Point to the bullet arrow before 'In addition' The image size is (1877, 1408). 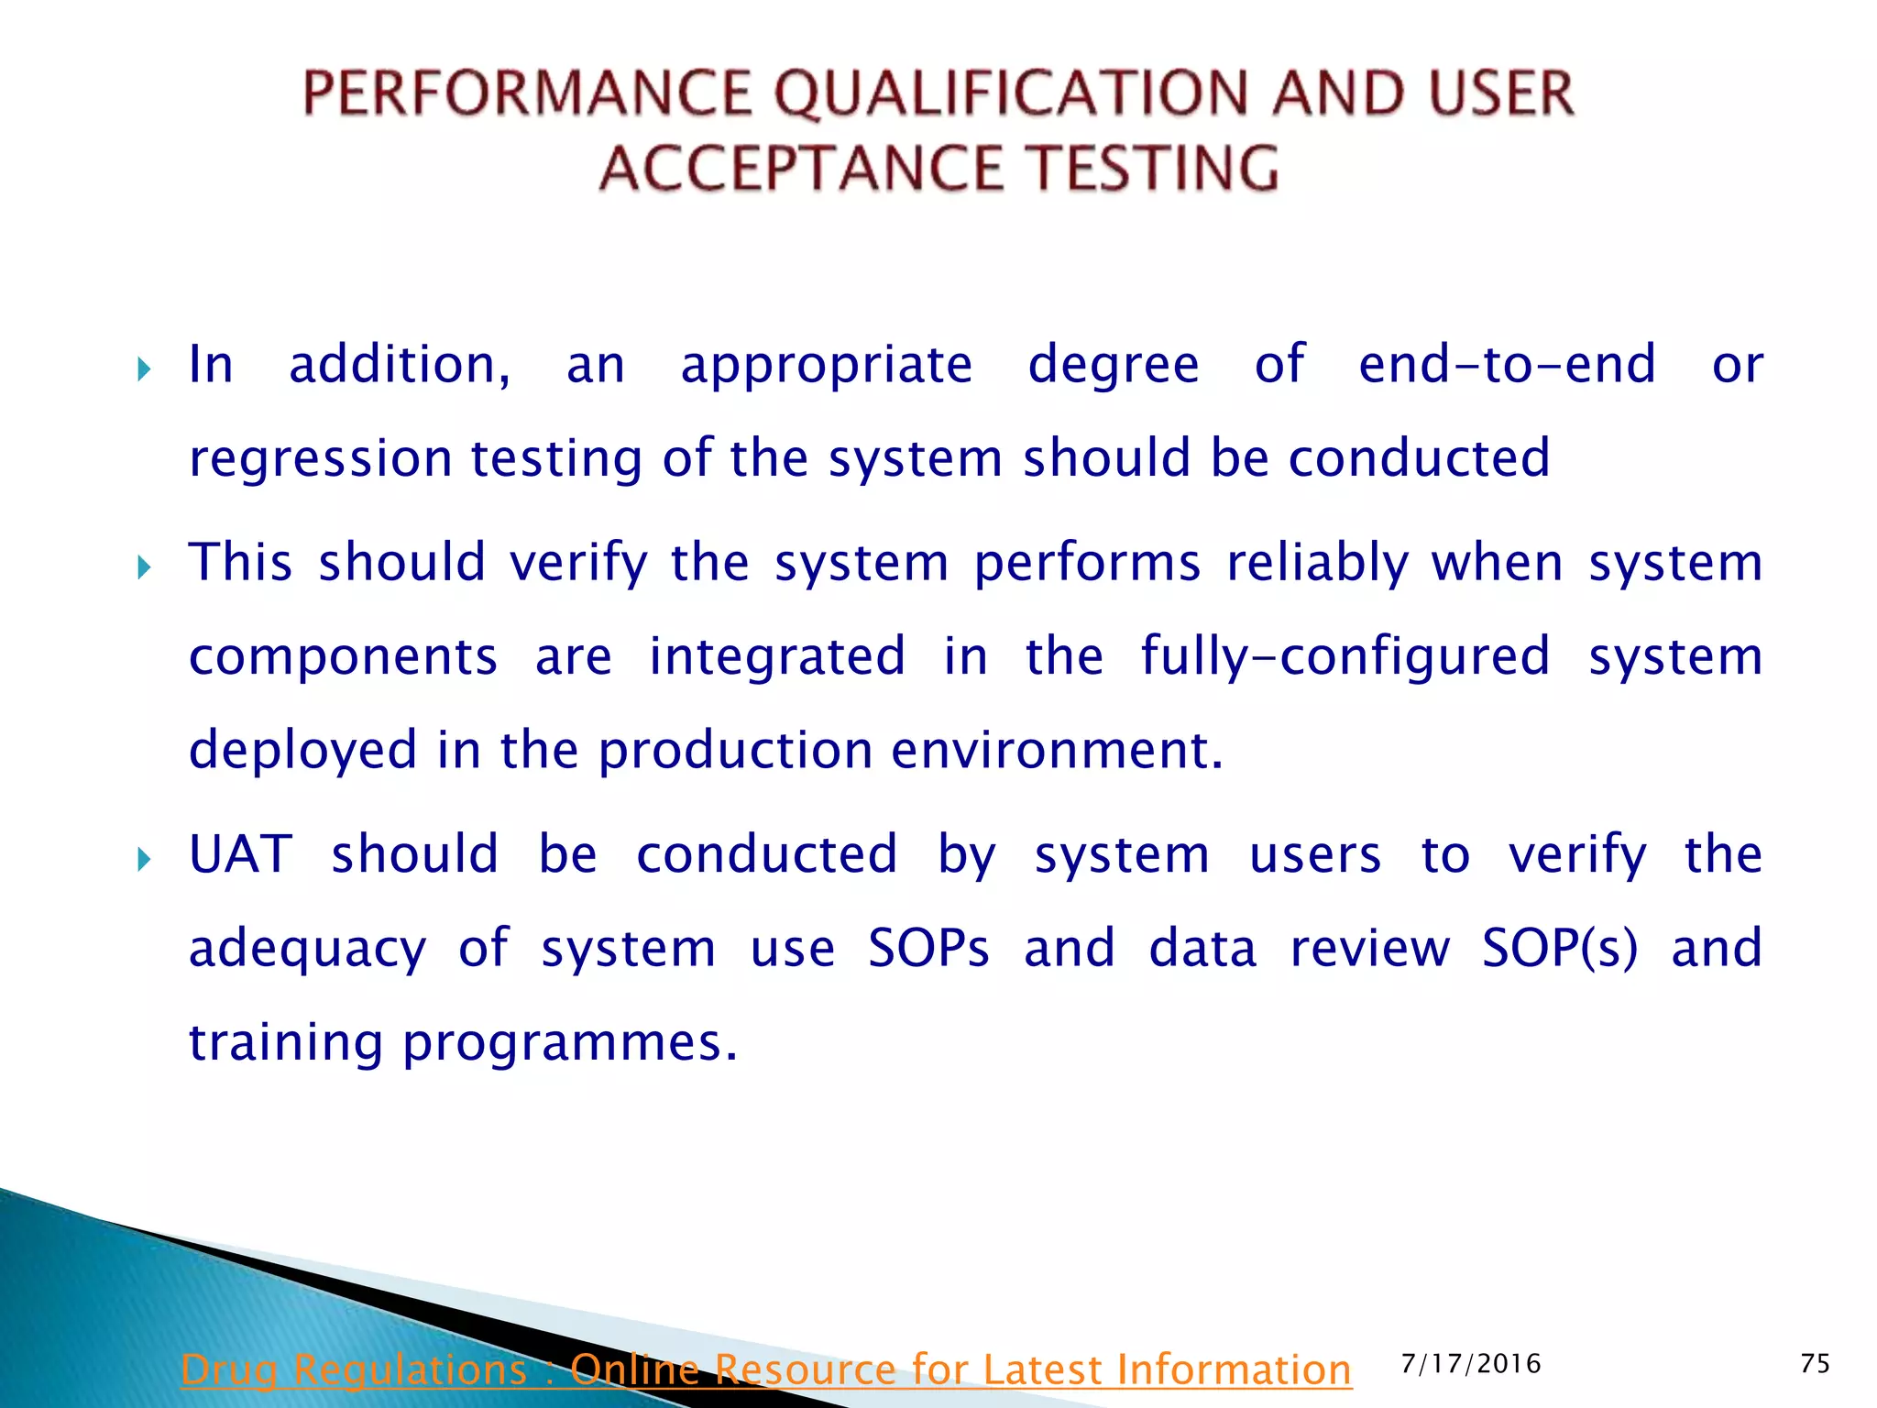click(144, 370)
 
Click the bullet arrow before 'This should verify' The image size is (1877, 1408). click(144, 568)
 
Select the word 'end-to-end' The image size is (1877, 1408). click(1507, 365)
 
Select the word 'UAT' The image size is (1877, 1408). click(240, 855)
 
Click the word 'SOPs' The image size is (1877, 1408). click(928, 949)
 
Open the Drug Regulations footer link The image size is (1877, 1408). click(765, 1370)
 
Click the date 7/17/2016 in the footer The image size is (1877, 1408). click(1471, 1364)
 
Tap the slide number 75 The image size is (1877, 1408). click(1815, 1364)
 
